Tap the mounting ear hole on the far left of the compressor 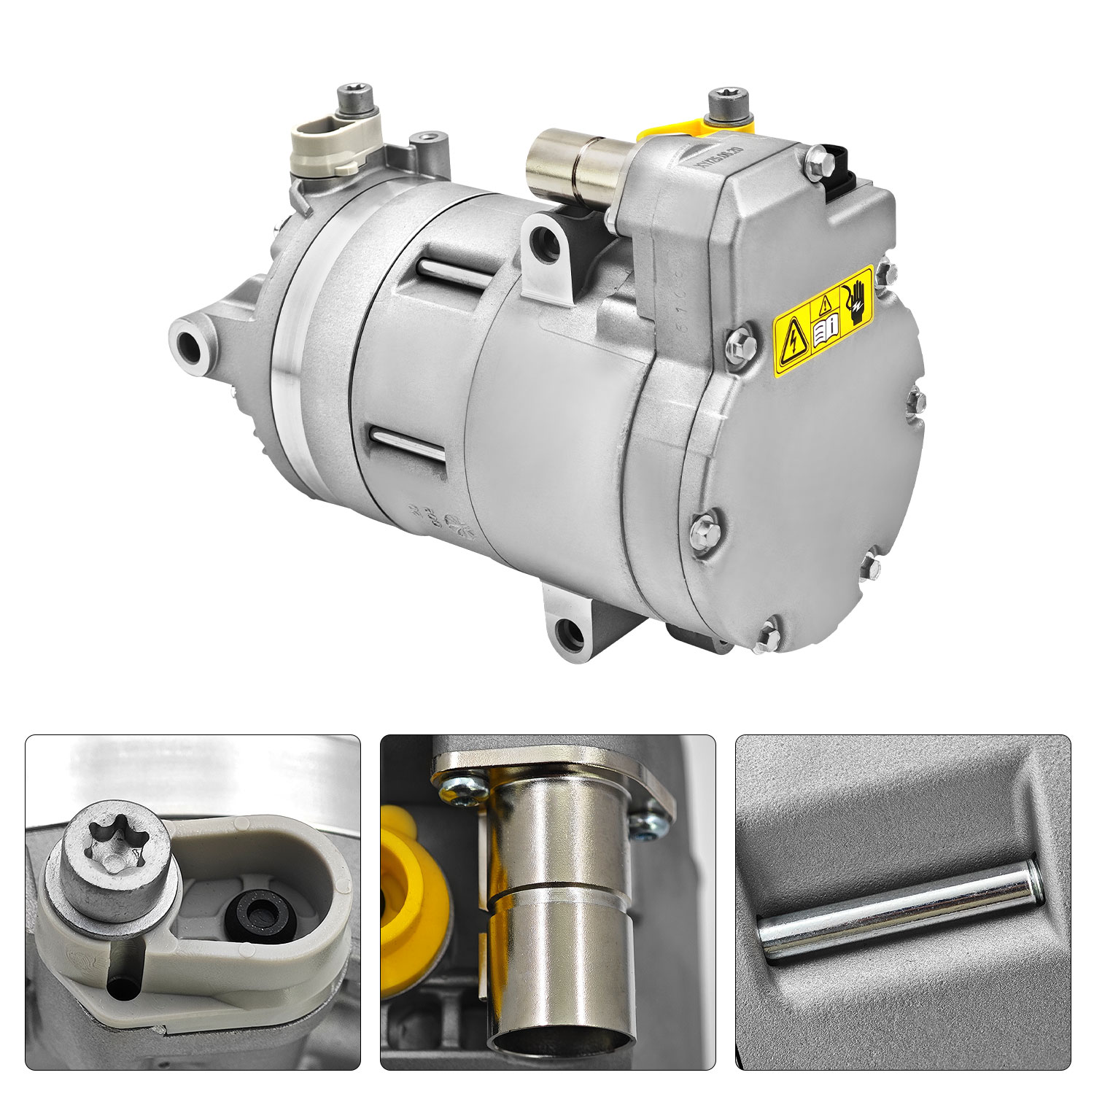tap(188, 342)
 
